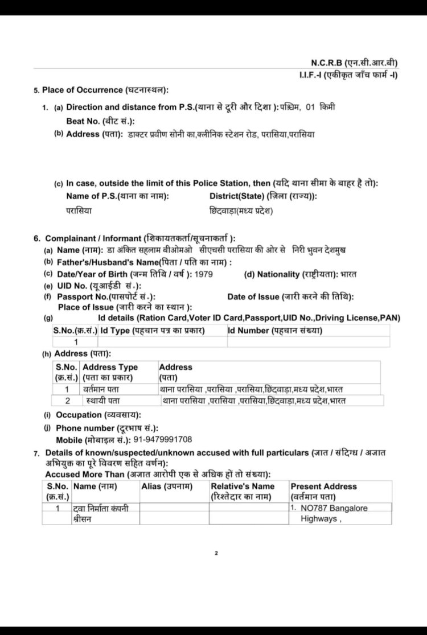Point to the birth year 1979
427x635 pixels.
(204, 274)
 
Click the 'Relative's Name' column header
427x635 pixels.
(243, 486)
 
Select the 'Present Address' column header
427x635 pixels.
(323, 486)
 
